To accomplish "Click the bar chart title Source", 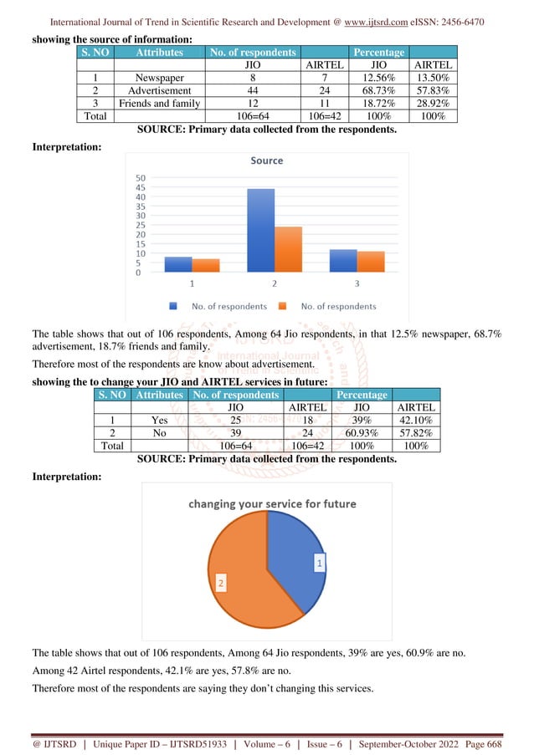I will [267, 160].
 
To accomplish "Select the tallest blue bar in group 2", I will [260, 230].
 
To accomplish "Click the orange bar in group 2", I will [288, 249].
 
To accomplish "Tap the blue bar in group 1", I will [177, 264].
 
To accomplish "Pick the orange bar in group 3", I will [371, 262].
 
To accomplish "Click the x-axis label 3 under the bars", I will [357, 284].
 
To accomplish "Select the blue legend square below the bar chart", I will [173, 306].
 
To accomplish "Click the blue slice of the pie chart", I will [293, 560].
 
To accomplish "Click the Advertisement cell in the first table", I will [160, 90].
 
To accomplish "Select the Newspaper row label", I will [160, 78].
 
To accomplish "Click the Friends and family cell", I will [160, 104].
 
